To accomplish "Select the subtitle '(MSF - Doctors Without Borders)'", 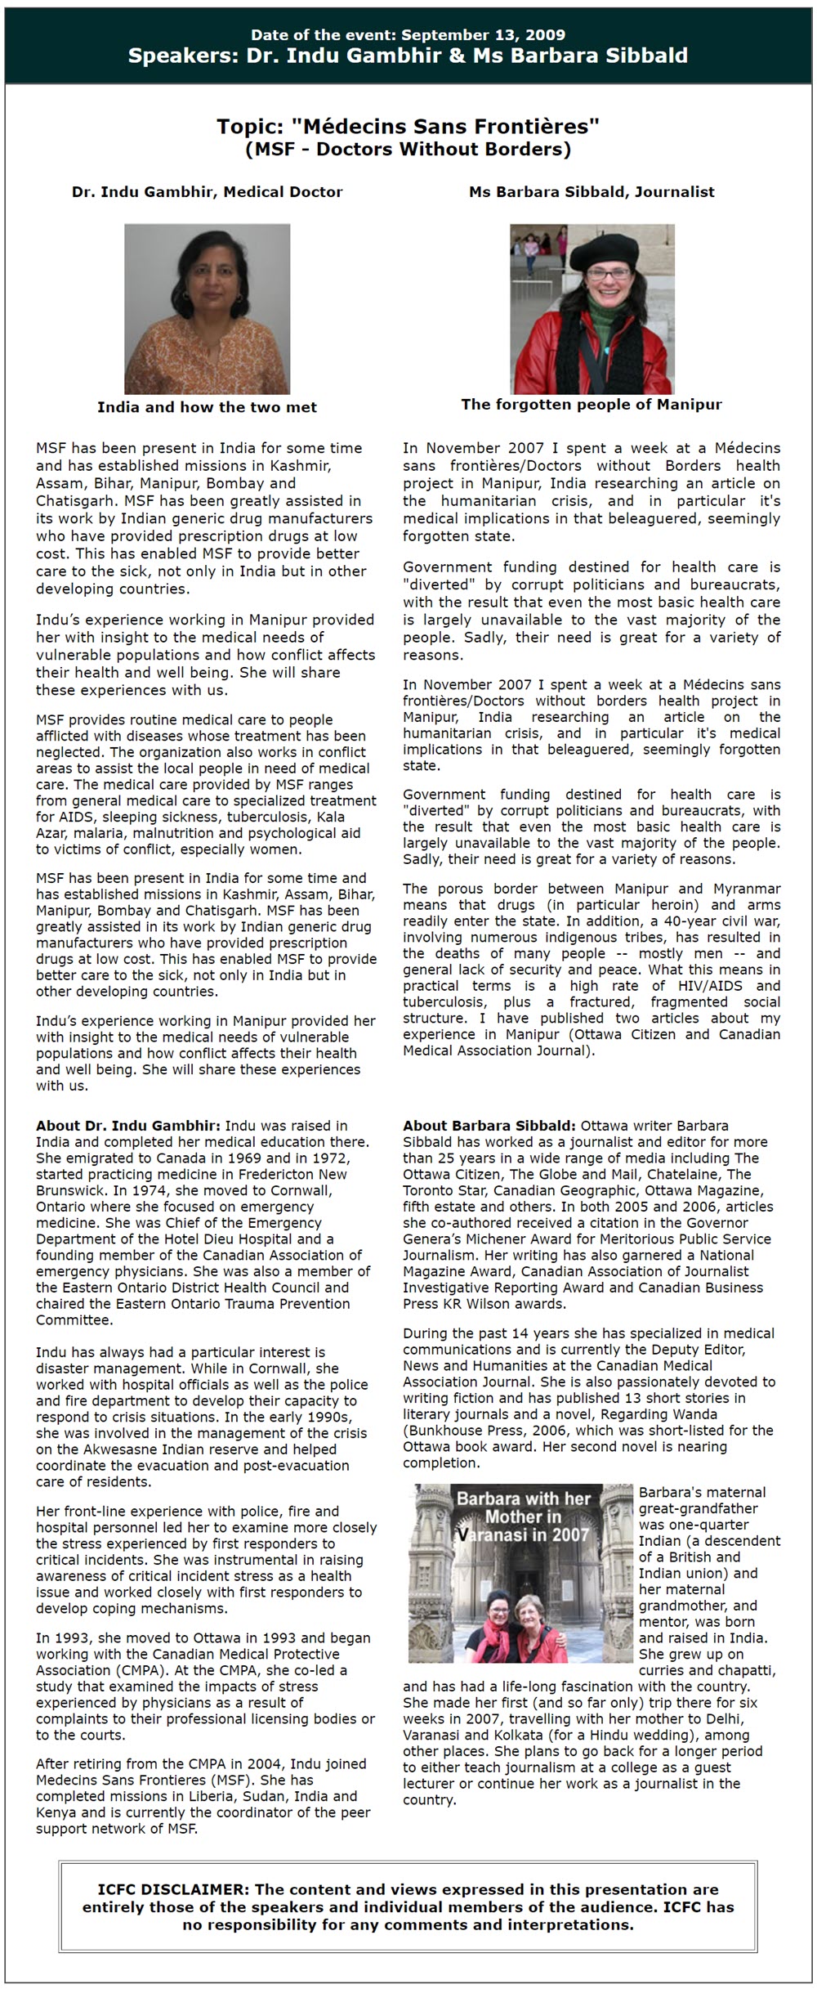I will (408, 149).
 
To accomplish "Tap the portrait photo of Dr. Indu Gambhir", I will (207, 309).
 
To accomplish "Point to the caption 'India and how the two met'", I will (207, 407).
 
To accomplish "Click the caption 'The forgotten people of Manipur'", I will (592, 404).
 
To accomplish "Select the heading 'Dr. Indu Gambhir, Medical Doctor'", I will (207, 192).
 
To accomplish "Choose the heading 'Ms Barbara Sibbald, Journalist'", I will (592, 192).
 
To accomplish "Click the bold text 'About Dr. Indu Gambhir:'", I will (128, 1126).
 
